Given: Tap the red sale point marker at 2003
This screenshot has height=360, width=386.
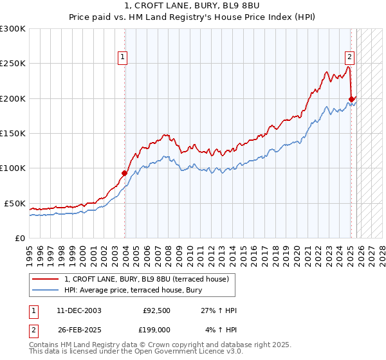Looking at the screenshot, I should tap(125, 173).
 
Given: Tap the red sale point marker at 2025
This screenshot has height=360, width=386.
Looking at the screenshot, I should tap(351, 99).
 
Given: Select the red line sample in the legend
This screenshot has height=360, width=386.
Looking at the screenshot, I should tap(46, 279).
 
